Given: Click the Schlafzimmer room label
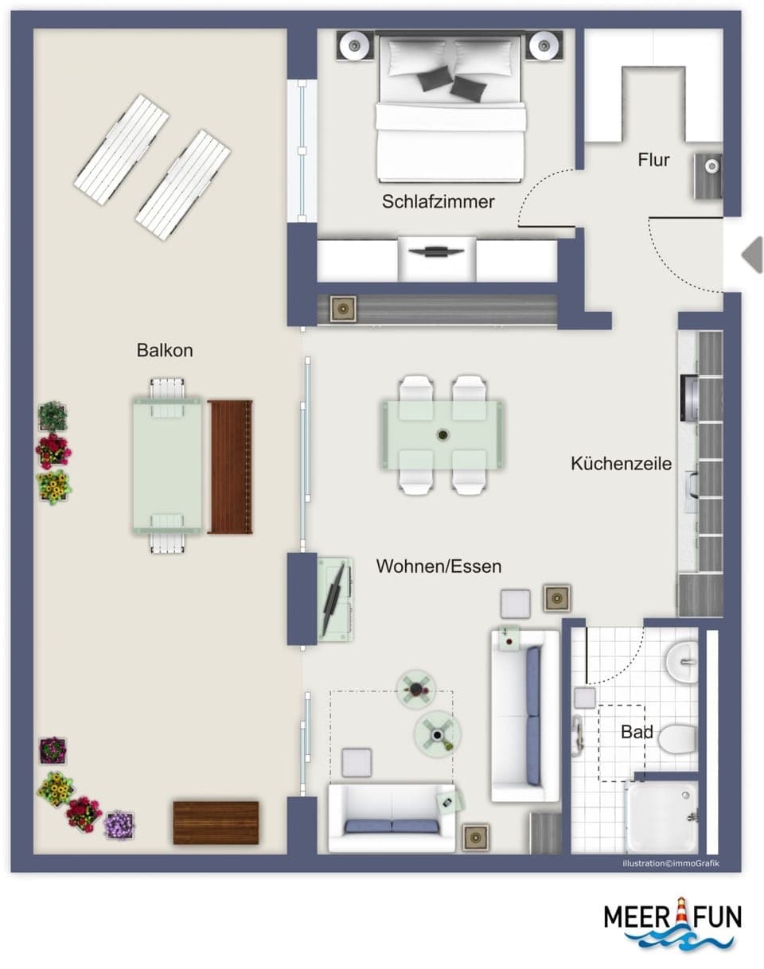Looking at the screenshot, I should [x=438, y=202].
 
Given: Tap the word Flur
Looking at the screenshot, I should [x=653, y=160].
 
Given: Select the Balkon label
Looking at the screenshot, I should [x=165, y=350].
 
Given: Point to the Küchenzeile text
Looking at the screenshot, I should [x=621, y=463].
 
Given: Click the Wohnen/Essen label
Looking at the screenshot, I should [x=439, y=566].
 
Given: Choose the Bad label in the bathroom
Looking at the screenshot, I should [x=637, y=732].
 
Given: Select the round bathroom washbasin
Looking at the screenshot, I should [x=681, y=662].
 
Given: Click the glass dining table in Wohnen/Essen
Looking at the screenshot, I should [x=442, y=434].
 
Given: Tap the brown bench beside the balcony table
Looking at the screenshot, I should [x=230, y=466].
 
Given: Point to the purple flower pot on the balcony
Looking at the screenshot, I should [x=119, y=824].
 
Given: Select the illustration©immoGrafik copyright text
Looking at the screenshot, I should [x=670, y=863].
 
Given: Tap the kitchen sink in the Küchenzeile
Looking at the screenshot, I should [x=692, y=482].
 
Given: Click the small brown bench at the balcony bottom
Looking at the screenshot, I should [x=216, y=823].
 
